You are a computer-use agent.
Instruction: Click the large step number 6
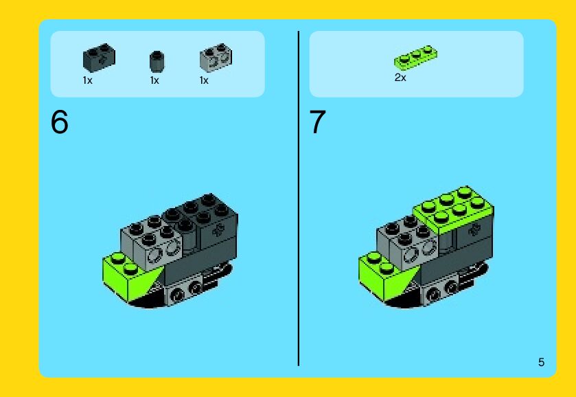click(x=60, y=122)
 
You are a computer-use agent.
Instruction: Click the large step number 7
click(x=317, y=122)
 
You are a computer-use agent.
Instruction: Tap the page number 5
click(x=541, y=362)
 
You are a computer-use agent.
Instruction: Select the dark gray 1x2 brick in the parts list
click(x=99, y=58)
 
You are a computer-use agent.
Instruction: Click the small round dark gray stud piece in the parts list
click(x=157, y=62)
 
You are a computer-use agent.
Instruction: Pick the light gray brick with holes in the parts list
click(x=216, y=58)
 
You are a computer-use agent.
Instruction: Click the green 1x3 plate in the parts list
click(x=416, y=57)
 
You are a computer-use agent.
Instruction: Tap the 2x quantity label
click(x=400, y=78)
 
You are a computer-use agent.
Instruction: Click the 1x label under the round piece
click(x=154, y=80)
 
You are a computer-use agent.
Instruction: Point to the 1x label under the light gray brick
click(x=204, y=80)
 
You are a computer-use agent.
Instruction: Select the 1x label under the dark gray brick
click(x=87, y=80)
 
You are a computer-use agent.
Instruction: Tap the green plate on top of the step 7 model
click(x=454, y=209)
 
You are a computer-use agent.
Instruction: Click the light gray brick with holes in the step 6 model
click(x=150, y=243)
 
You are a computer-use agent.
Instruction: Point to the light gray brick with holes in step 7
click(x=407, y=243)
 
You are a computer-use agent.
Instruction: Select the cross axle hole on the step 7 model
click(x=474, y=230)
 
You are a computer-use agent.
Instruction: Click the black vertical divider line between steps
click(x=298, y=198)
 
